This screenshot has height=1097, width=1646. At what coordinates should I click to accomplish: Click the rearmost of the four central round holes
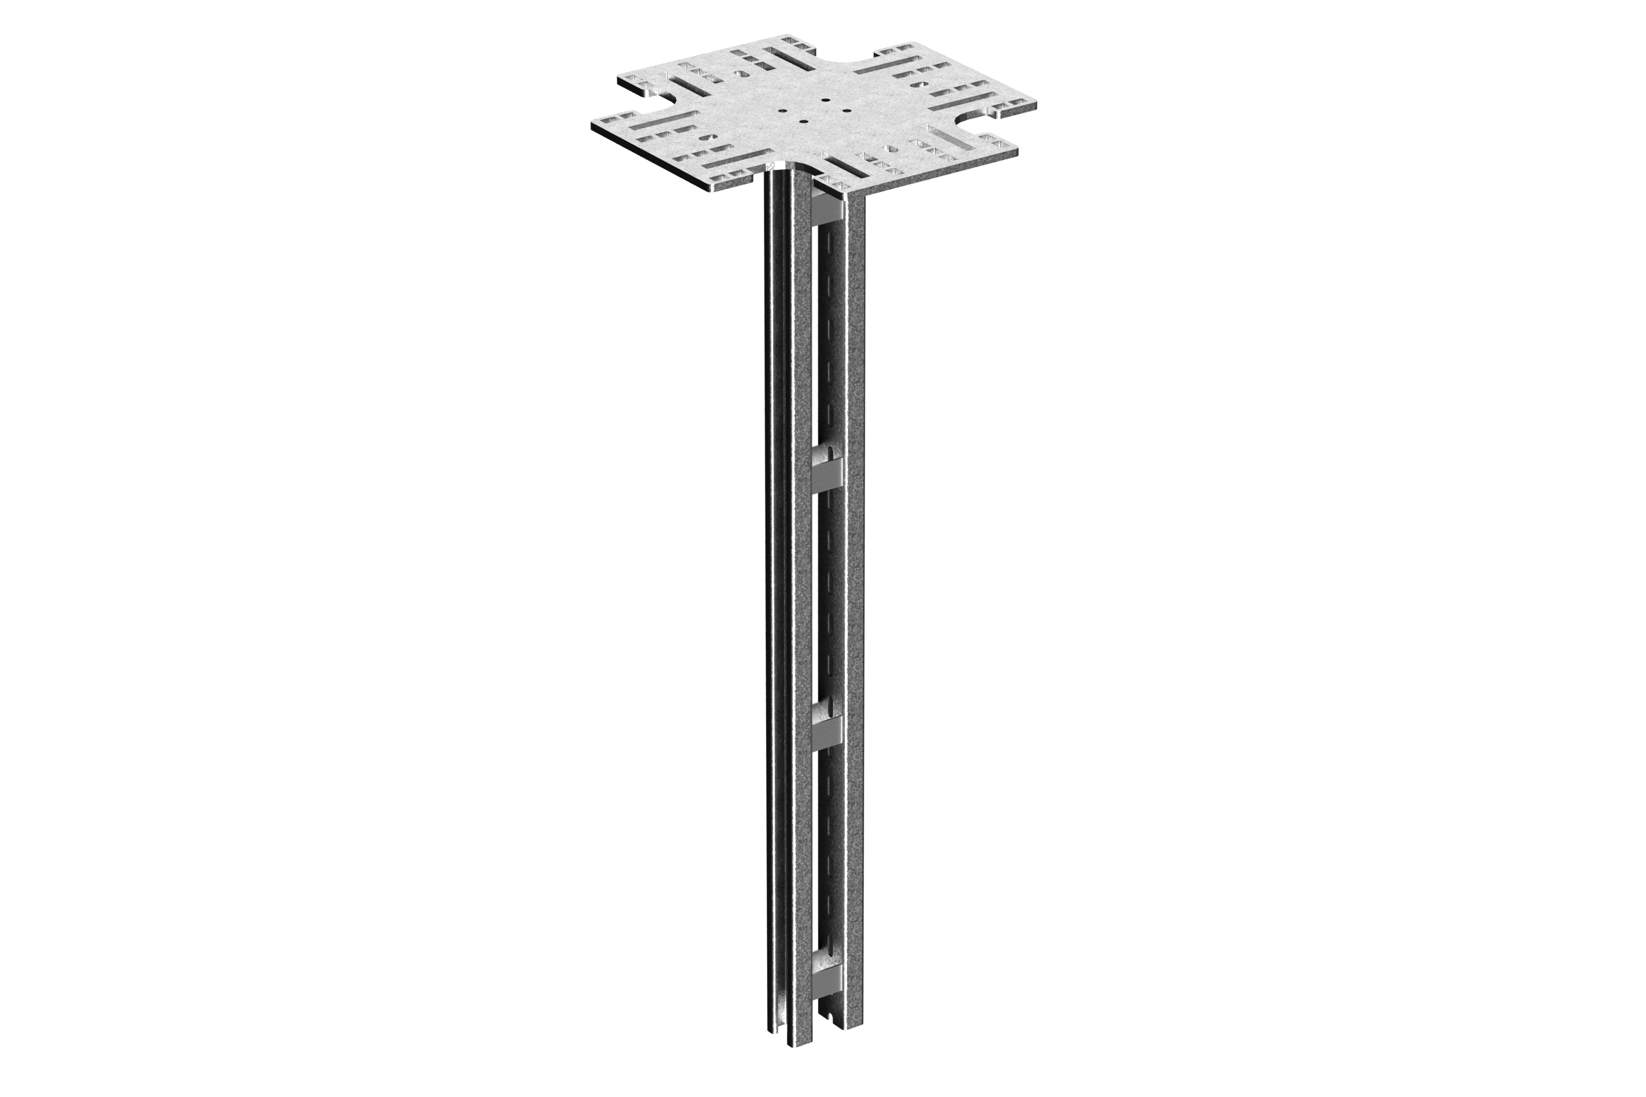click(x=826, y=100)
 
